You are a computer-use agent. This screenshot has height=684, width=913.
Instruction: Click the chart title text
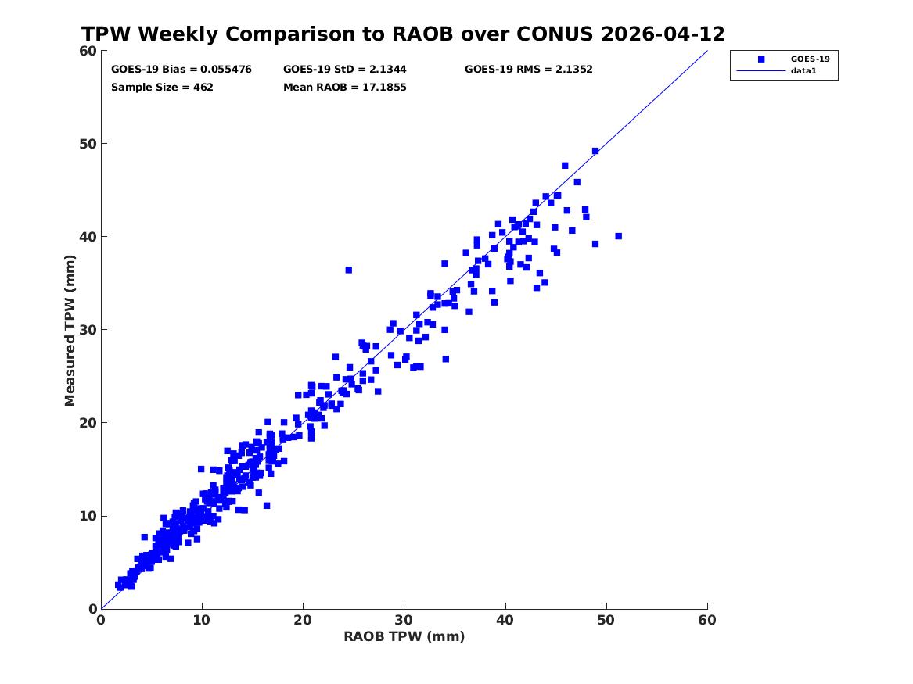click(x=403, y=34)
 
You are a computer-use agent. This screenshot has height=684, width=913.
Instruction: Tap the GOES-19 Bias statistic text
click(x=181, y=70)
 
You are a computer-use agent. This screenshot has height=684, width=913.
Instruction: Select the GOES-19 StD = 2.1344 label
click(x=345, y=70)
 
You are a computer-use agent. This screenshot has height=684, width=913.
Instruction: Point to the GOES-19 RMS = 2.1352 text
click(x=528, y=70)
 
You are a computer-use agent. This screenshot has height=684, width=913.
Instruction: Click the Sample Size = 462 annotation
click(x=162, y=88)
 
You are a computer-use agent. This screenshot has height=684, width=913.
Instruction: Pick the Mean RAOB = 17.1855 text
click(x=345, y=88)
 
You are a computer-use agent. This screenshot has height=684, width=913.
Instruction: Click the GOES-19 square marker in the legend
click(x=761, y=59)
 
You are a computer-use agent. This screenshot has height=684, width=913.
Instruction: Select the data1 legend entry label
click(x=803, y=71)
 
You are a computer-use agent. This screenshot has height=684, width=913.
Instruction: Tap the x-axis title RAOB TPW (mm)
click(x=404, y=636)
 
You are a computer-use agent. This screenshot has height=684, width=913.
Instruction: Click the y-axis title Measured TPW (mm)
click(x=70, y=331)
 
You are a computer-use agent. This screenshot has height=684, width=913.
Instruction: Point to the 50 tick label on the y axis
click(x=88, y=144)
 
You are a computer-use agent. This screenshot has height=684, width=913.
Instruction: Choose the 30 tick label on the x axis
click(x=404, y=620)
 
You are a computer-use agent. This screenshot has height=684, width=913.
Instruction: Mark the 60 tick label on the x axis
click(x=707, y=620)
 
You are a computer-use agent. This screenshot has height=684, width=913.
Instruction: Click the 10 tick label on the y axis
click(x=88, y=516)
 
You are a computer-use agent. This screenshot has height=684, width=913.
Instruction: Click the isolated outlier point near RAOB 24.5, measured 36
click(x=349, y=270)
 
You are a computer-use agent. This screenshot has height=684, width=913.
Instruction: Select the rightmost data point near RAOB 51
click(x=618, y=236)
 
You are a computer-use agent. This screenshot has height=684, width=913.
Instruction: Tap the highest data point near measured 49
click(x=595, y=151)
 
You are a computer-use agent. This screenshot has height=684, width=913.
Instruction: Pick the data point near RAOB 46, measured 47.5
click(x=565, y=166)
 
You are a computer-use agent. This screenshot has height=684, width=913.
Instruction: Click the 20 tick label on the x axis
click(x=303, y=620)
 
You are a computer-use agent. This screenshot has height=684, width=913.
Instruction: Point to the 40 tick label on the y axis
click(x=88, y=237)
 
